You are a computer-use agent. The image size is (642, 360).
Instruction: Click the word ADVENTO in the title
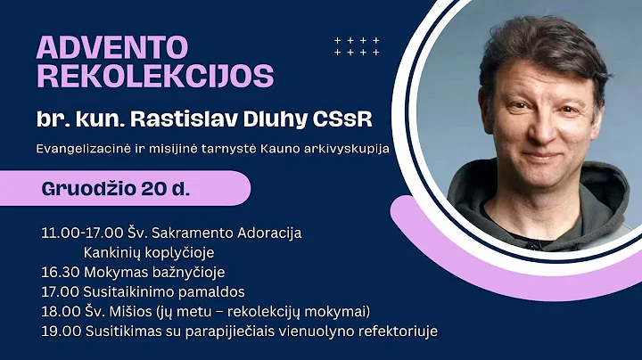tap(112, 46)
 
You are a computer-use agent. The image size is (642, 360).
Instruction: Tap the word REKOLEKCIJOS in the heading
tap(154, 76)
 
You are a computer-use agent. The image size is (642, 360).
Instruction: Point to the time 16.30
tap(57, 272)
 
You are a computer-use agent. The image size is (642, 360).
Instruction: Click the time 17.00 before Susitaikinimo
tap(58, 291)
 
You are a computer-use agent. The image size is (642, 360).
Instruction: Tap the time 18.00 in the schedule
tap(58, 311)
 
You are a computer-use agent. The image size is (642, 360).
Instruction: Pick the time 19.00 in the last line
tap(58, 331)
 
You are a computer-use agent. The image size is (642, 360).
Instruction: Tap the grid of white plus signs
tap(357, 46)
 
